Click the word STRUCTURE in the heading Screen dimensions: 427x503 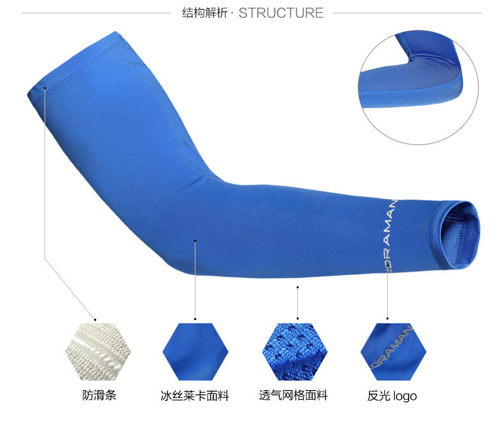281,13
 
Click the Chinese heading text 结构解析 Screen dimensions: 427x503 206,13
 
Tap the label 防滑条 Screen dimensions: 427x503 99,395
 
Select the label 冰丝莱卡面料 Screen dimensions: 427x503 194,396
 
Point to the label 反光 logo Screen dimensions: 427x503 392,396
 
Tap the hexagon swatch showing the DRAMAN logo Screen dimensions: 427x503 393,352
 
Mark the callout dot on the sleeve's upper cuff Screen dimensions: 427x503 45,88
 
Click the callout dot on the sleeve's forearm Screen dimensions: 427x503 195,241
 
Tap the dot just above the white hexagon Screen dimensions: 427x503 96,318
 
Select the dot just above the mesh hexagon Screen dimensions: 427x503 297,318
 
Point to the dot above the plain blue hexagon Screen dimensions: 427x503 195,318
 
